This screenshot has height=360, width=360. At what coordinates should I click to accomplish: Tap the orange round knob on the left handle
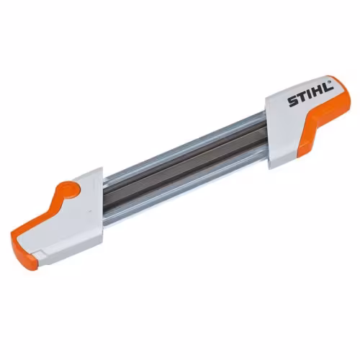pyautogui.click(x=68, y=189)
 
